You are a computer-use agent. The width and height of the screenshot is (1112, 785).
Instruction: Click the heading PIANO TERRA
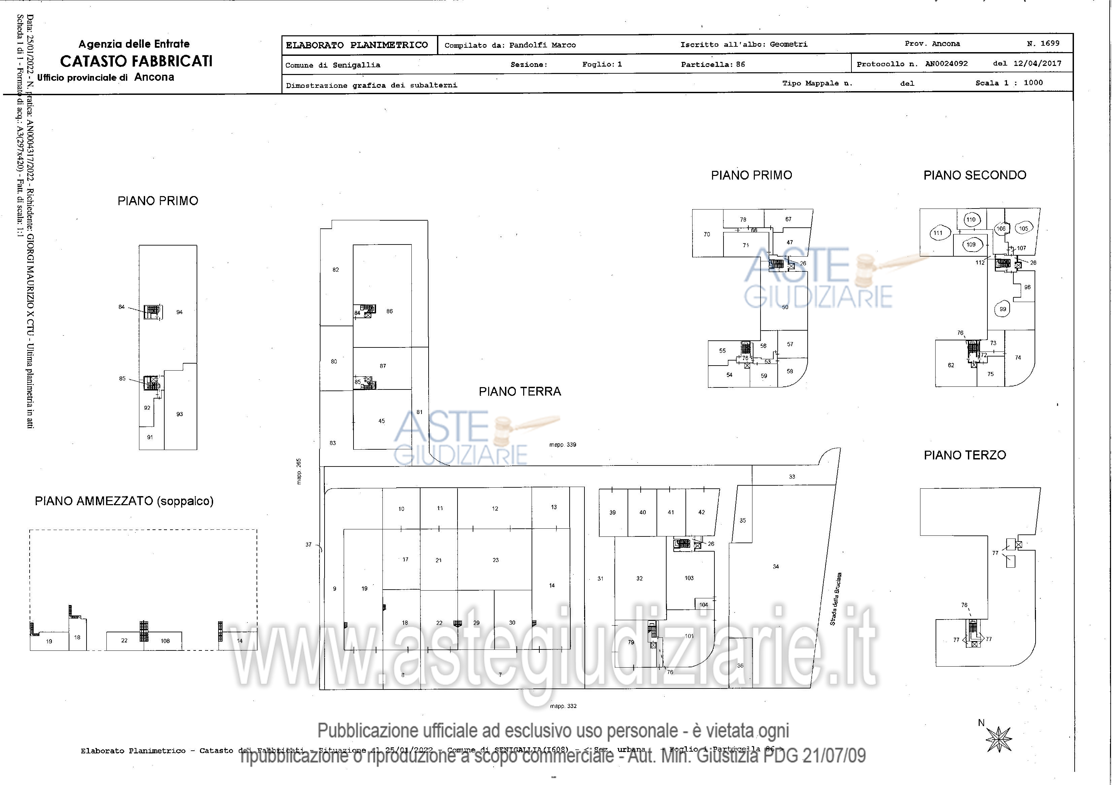point(520,391)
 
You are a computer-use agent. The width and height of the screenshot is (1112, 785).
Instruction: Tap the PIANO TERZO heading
point(965,455)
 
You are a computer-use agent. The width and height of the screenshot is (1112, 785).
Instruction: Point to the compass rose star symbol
point(999,740)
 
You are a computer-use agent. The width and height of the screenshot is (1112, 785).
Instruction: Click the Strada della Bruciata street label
point(836,599)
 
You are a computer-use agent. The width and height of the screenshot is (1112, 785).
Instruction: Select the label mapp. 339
point(562,445)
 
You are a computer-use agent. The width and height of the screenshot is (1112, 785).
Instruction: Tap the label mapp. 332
point(563,706)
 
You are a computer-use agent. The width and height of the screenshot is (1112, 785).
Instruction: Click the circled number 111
point(938,233)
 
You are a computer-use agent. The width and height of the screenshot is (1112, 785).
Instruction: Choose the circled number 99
point(1003,309)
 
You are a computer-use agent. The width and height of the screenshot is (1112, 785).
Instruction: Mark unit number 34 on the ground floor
point(776,566)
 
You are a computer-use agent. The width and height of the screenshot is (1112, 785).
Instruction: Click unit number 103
point(689,578)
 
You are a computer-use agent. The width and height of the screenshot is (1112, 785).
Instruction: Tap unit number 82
point(336,270)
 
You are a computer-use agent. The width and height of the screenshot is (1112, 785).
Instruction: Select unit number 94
point(179,312)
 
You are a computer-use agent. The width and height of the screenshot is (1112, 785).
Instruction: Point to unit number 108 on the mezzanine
point(165,641)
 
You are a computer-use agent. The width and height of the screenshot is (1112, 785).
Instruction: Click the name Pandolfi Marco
point(542,45)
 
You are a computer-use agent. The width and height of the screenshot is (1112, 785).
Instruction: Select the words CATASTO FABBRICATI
point(136,61)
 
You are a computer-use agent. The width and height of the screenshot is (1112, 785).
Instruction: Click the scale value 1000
point(1033,83)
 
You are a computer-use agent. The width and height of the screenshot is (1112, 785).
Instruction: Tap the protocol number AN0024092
point(946,64)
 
